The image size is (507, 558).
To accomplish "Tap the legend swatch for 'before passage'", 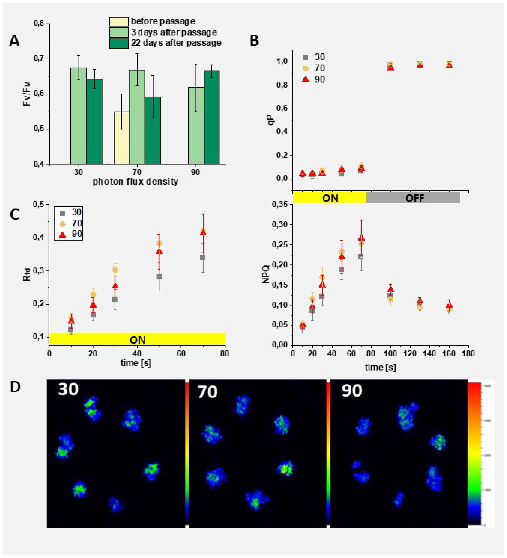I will (119, 21).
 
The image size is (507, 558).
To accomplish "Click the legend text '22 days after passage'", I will (176, 43).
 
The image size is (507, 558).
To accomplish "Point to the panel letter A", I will (14, 41).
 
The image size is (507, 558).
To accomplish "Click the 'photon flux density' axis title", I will (135, 182).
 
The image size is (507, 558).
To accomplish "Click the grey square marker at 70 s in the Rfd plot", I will (203, 257).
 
